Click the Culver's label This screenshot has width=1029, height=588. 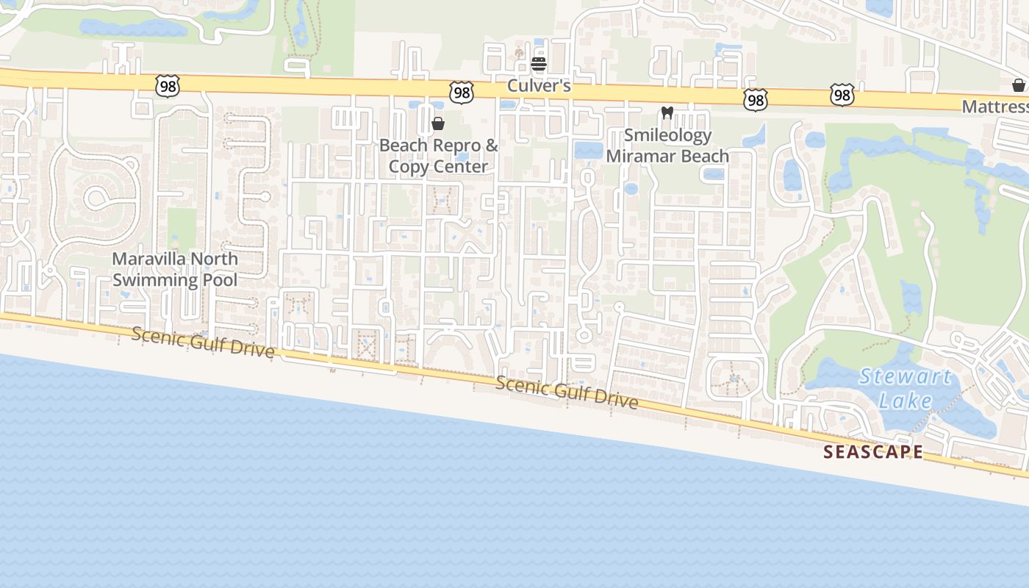[x=539, y=86]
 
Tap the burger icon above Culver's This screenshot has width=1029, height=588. [x=539, y=64]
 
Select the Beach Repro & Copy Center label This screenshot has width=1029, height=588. [x=438, y=156]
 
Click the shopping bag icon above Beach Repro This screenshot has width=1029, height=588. [x=438, y=123]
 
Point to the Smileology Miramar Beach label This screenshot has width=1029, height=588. [x=667, y=146]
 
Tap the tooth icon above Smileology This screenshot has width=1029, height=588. [x=667, y=113]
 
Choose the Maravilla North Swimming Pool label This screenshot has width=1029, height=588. [x=175, y=269]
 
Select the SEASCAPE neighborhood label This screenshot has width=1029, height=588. [x=873, y=452]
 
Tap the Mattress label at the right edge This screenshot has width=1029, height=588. [x=995, y=107]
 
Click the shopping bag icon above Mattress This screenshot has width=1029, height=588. [x=1019, y=85]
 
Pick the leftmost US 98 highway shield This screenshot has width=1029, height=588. [x=168, y=86]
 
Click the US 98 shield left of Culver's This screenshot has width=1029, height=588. [x=462, y=93]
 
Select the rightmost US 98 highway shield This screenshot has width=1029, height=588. [x=842, y=95]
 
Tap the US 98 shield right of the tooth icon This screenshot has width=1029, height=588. [x=756, y=100]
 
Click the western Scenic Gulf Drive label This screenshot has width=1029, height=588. [x=204, y=343]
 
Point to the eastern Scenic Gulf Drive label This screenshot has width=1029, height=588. [x=566, y=392]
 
